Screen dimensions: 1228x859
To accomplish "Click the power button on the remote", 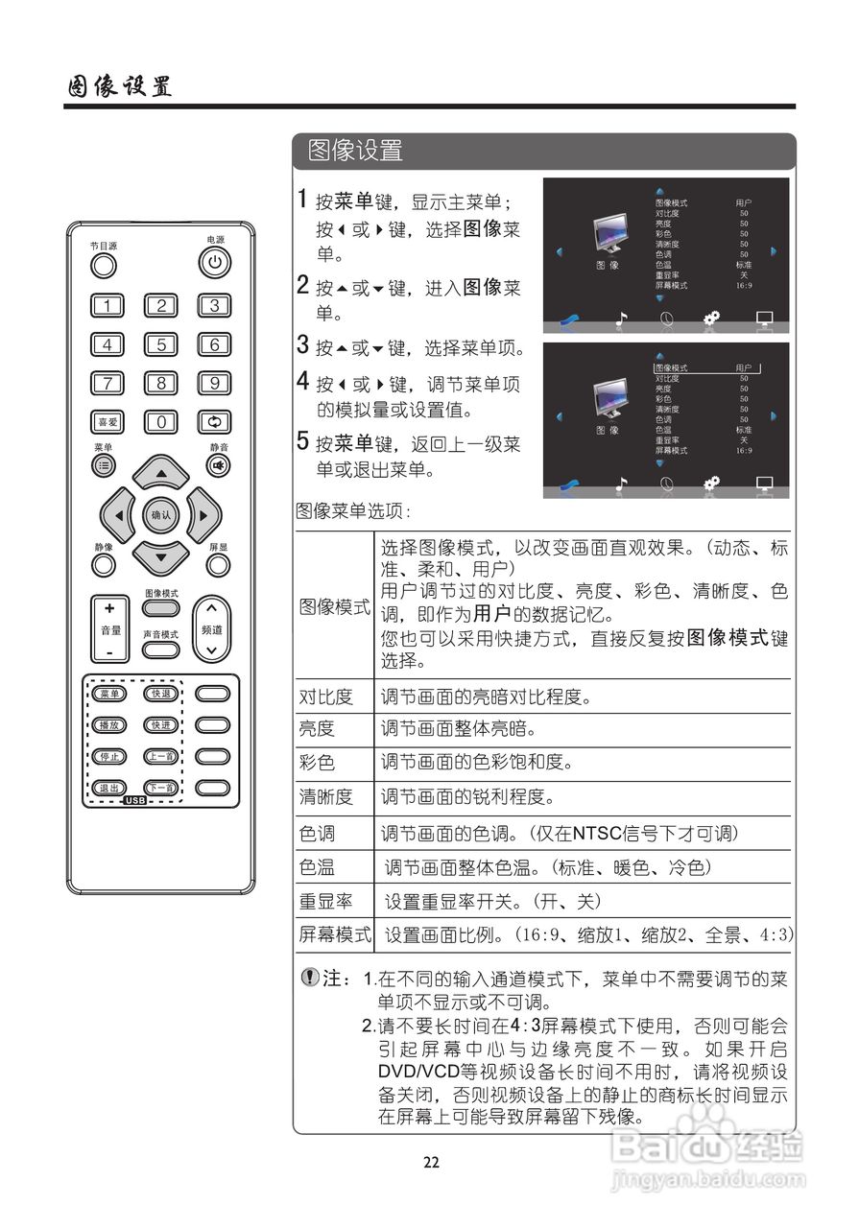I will [x=215, y=261].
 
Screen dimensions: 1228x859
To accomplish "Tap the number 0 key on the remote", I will [x=161, y=421].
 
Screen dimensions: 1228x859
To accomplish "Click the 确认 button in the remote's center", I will [x=160, y=515].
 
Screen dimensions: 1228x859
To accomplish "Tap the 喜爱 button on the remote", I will [x=107, y=421].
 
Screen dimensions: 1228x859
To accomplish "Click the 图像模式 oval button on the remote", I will [x=161, y=607].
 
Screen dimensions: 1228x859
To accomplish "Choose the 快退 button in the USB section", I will [x=160, y=694].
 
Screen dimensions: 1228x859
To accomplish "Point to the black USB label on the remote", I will [x=134, y=800].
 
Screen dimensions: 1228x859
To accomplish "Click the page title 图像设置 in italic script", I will [x=119, y=86].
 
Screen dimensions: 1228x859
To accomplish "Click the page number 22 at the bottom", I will [x=431, y=1162].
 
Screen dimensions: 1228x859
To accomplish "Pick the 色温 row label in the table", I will [x=317, y=867].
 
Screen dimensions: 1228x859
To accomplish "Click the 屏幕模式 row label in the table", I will [x=334, y=934].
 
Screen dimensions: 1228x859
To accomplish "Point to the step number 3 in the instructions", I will [x=302, y=344].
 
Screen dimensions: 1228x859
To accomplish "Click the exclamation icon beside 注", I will [x=310, y=978].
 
